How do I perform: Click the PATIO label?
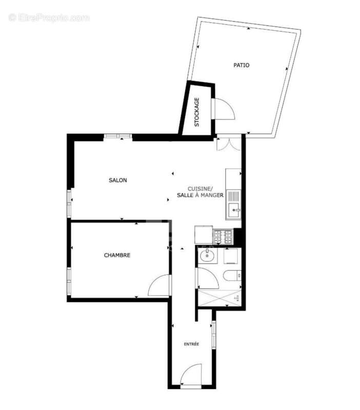click(x=241, y=65)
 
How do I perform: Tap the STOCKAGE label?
click(x=196, y=112)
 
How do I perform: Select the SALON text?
click(x=118, y=180)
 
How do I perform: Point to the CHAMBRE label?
click(x=117, y=255)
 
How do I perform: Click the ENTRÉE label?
click(x=192, y=344)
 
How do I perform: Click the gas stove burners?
click(x=223, y=236)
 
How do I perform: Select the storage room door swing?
click(x=223, y=109)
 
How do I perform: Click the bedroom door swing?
click(x=160, y=286)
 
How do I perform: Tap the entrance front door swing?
click(x=191, y=374)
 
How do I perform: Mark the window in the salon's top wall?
click(x=118, y=136)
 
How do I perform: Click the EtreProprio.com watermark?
click(x=49, y=18)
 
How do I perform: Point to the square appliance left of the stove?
click(x=203, y=236)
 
